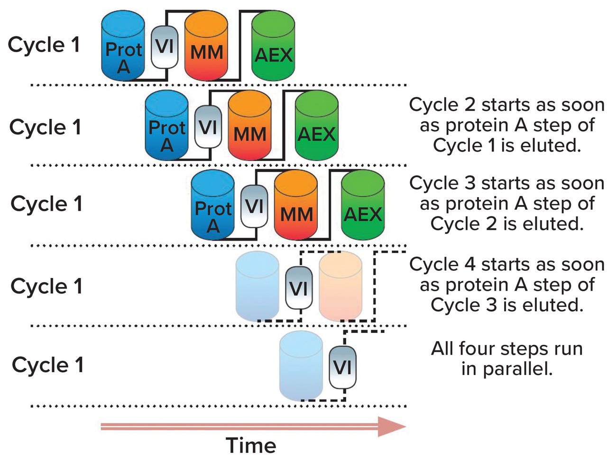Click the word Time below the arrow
250,446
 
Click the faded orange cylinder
340,286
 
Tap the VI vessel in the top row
165,47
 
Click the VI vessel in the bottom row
342,367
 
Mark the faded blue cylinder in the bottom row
301,366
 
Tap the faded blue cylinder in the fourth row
257,286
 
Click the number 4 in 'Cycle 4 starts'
469,264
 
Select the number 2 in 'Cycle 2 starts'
469,105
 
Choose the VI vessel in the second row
208,127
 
